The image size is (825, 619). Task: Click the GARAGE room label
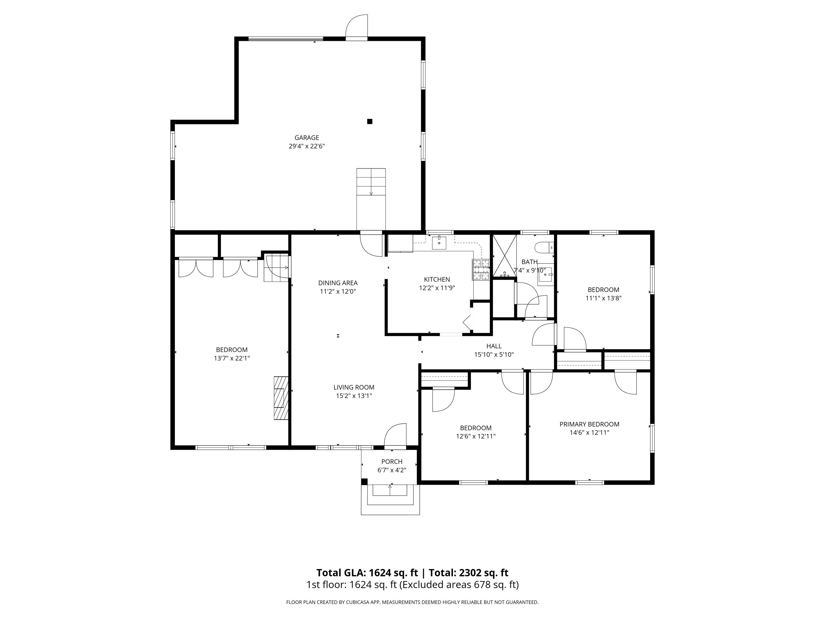point(307,138)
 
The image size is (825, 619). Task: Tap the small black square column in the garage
point(370,121)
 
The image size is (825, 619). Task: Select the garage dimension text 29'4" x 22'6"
point(307,146)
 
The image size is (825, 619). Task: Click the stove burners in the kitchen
point(481,269)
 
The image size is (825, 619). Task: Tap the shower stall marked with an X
point(505,256)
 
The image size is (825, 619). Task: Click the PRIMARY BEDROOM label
point(589,424)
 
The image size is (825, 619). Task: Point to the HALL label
point(494,346)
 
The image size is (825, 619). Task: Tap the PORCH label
point(392,462)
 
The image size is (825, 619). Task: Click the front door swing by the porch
point(395,435)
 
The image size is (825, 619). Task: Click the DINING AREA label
point(338,283)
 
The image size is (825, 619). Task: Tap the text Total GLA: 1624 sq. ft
point(367,573)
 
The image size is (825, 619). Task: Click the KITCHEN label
point(437,280)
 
